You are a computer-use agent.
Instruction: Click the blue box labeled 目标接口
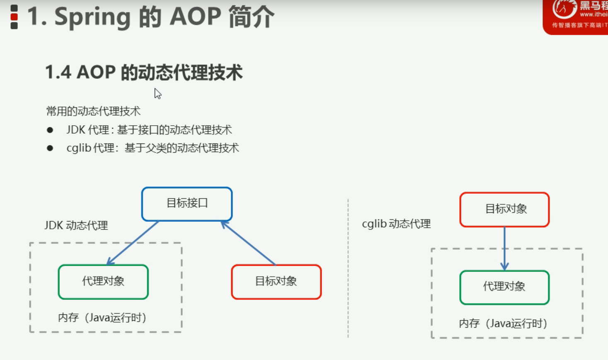click(x=187, y=204)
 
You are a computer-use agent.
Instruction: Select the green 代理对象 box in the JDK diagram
click(x=103, y=282)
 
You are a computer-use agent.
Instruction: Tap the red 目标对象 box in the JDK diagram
click(x=276, y=282)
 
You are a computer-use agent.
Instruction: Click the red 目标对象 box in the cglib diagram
click(x=504, y=209)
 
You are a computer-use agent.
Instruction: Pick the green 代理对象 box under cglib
click(x=504, y=287)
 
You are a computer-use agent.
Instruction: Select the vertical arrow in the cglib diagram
click(x=504, y=248)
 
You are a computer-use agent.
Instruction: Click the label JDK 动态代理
click(x=76, y=226)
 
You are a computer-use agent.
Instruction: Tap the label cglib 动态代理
click(x=396, y=224)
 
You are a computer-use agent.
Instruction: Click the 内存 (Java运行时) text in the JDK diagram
click(x=102, y=318)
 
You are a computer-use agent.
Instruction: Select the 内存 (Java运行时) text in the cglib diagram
click(x=503, y=324)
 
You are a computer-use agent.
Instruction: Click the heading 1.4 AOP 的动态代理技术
click(x=143, y=73)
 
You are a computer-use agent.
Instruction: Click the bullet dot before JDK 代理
click(x=50, y=130)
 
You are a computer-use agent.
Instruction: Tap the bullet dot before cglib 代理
click(x=50, y=148)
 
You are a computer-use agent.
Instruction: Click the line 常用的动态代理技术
click(x=93, y=111)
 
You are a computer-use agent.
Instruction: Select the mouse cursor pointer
click(x=157, y=93)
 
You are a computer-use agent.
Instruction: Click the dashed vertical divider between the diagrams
click(x=348, y=270)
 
